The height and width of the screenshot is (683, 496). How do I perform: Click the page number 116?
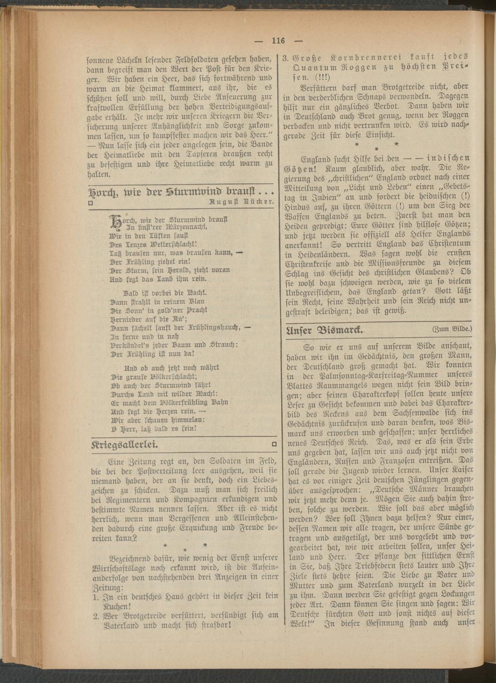(x=278, y=40)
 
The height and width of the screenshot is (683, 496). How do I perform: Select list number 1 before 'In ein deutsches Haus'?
(x=96, y=597)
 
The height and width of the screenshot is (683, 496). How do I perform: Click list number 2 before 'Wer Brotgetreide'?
(x=96, y=616)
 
